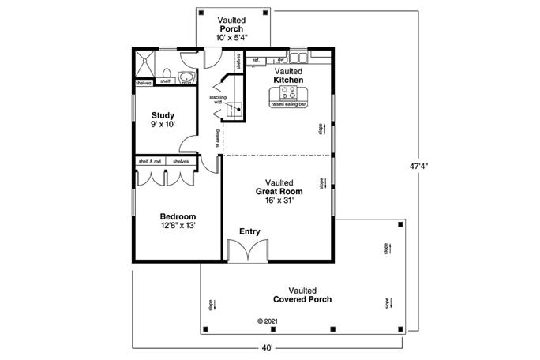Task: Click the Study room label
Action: click(163, 116)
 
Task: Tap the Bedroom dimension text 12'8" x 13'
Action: click(178, 225)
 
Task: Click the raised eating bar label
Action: click(289, 104)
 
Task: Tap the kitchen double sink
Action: click(298, 58)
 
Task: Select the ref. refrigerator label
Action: click(257, 60)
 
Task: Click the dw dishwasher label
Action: click(280, 60)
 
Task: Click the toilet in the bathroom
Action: click(186, 77)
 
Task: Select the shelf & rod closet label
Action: click(149, 161)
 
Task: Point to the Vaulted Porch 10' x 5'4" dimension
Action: click(231, 37)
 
